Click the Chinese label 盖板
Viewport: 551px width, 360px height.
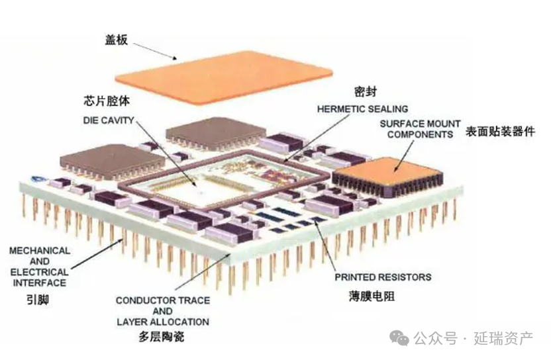click(x=117, y=40)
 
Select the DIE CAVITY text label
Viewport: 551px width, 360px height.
click(x=109, y=120)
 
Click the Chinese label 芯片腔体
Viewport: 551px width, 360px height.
click(x=107, y=101)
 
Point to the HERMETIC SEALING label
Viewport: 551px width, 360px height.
click(x=363, y=109)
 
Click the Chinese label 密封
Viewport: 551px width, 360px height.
click(x=366, y=92)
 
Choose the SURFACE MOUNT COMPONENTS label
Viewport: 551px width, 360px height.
click(x=421, y=129)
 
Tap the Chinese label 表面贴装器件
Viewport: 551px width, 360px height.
click(x=501, y=132)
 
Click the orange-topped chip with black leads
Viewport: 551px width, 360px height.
click(x=387, y=177)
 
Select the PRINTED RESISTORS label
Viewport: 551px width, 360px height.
click(x=383, y=277)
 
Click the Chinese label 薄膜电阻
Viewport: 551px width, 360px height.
click(x=372, y=296)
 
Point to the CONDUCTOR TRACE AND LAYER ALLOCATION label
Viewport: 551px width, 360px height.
click(x=163, y=311)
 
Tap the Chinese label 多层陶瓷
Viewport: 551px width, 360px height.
click(x=162, y=337)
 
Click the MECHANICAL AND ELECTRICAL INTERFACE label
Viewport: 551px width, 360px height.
click(x=39, y=267)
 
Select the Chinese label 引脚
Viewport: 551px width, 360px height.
click(x=38, y=300)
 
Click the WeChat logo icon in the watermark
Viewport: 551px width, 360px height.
click(x=399, y=337)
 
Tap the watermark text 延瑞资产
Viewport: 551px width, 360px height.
click(x=503, y=339)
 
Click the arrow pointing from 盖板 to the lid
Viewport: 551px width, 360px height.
click(x=155, y=52)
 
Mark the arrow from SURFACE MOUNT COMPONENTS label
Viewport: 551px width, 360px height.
click(x=404, y=156)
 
